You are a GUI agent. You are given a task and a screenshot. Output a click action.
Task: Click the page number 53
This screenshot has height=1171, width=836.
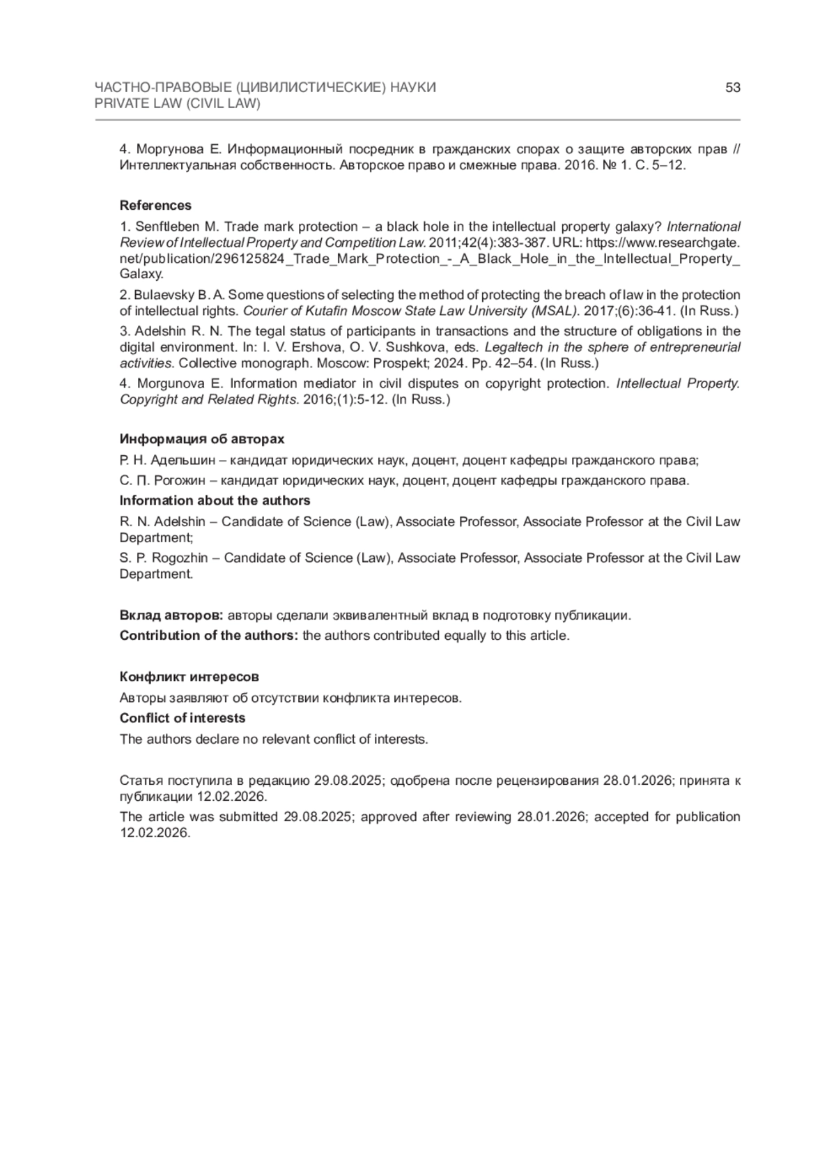tap(732, 88)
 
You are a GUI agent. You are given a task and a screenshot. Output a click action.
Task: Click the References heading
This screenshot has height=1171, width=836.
tap(155, 206)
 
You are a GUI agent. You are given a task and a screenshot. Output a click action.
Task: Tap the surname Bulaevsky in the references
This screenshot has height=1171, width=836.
tap(162, 295)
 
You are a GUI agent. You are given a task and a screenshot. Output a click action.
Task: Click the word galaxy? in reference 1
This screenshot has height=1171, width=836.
tap(638, 227)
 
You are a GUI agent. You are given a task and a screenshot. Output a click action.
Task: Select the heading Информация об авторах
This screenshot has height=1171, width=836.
tap(202, 439)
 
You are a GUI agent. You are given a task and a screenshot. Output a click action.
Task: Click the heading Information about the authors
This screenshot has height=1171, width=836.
tap(215, 500)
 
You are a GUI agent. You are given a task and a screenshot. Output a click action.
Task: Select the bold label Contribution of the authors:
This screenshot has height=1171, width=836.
tap(209, 636)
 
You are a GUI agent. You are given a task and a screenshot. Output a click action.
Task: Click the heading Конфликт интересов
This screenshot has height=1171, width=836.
tap(189, 677)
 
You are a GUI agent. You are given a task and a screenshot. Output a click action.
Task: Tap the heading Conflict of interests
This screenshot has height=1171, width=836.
tap(183, 718)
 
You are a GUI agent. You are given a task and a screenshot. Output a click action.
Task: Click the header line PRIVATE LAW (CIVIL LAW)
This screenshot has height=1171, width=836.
tap(177, 104)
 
